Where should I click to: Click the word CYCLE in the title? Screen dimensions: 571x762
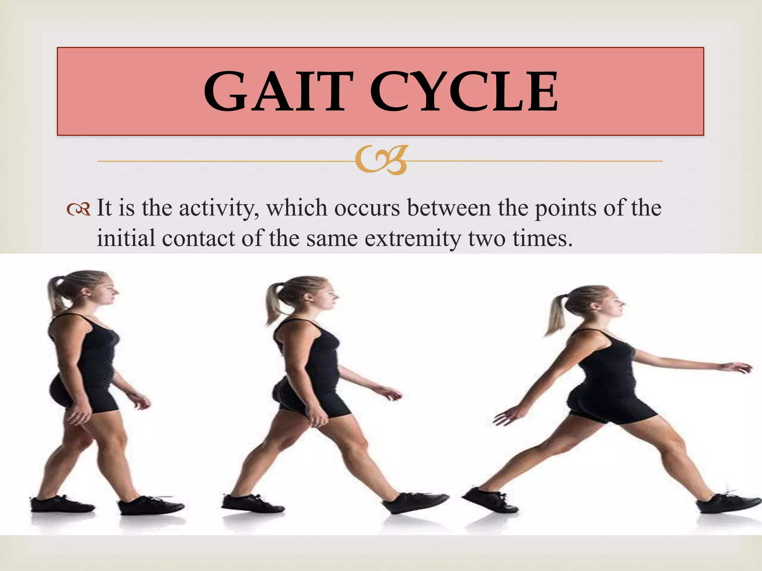(464, 92)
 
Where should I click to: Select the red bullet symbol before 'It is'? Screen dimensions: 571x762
(79, 209)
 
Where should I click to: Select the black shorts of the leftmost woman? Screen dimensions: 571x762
(84, 394)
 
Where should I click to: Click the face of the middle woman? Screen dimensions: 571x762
(327, 297)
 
